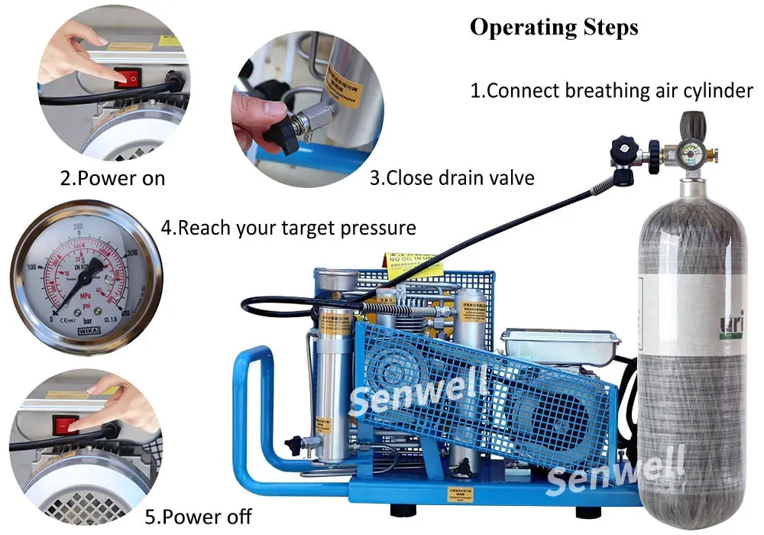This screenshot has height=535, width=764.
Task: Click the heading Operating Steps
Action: click(553, 27)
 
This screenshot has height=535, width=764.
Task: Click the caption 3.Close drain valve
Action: click(452, 178)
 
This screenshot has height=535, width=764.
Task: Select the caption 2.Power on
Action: click(112, 179)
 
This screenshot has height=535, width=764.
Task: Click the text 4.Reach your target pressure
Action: click(288, 227)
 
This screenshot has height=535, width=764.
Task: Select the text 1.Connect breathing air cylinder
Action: click(611, 90)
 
